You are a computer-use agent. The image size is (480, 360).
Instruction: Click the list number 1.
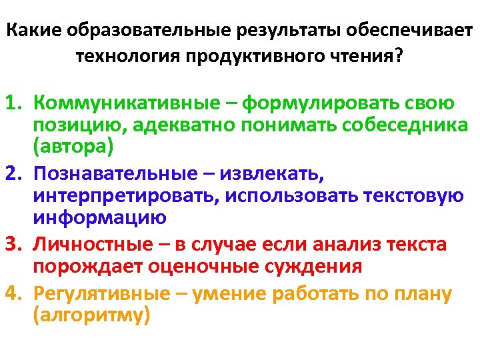[x=14, y=104]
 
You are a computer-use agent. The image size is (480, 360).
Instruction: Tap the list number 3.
[x=14, y=245]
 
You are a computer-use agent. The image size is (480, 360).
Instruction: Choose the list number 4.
[x=14, y=293]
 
